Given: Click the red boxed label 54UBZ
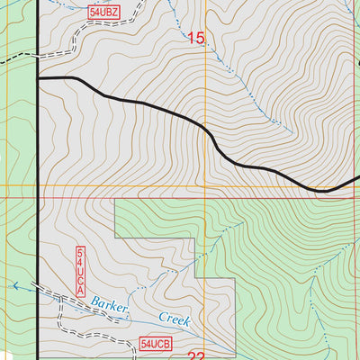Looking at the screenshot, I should pyautogui.click(x=104, y=13).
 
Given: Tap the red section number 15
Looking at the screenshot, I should pyautogui.click(x=196, y=39).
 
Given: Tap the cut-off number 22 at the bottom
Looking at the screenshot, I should pyautogui.click(x=197, y=355).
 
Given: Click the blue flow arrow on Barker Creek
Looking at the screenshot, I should pyautogui.click(x=15, y=285).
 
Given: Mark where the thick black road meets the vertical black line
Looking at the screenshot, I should pyautogui.click(x=38, y=79).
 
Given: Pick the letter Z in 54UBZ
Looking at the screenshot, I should pyautogui.click(x=114, y=13).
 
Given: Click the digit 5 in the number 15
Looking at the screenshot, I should pyautogui.click(x=201, y=39).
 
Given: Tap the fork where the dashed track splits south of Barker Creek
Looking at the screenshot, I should pyautogui.click(x=61, y=297).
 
